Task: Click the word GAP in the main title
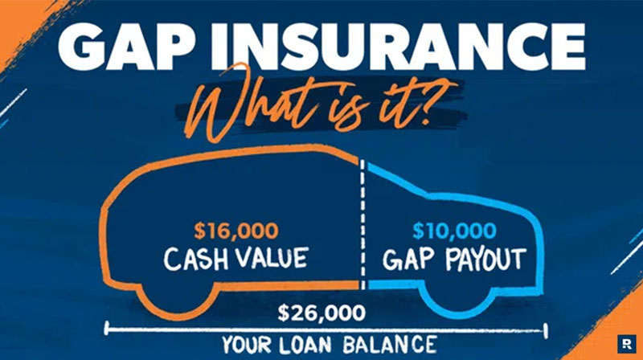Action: (x=125, y=47)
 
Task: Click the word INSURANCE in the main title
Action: (x=397, y=47)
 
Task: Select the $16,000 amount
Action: (x=236, y=231)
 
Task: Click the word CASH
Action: (x=195, y=258)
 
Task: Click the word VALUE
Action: (x=272, y=257)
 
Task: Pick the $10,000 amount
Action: (x=454, y=231)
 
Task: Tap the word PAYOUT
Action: (x=485, y=259)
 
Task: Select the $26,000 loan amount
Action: (x=321, y=313)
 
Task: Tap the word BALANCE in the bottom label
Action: (x=390, y=345)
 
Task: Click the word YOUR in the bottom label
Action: (x=247, y=345)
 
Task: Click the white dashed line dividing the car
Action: (x=362, y=223)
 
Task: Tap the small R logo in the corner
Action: (x=627, y=344)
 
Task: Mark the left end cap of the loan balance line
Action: (x=107, y=328)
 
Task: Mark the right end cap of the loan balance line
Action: (x=546, y=330)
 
